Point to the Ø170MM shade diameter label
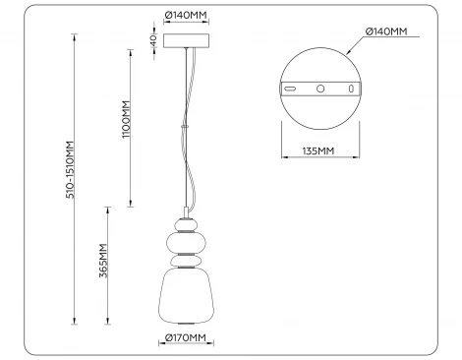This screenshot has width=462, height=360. pyautogui.click(x=186, y=339)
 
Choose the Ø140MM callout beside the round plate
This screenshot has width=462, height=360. pyautogui.click(x=385, y=31)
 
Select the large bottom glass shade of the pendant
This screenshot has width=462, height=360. pyautogui.click(x=185, y=292)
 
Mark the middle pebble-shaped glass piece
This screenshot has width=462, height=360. pyautogui.click(x=185, y=263)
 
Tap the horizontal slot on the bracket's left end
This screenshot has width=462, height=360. pyautogui.click(x=292, y=89)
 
